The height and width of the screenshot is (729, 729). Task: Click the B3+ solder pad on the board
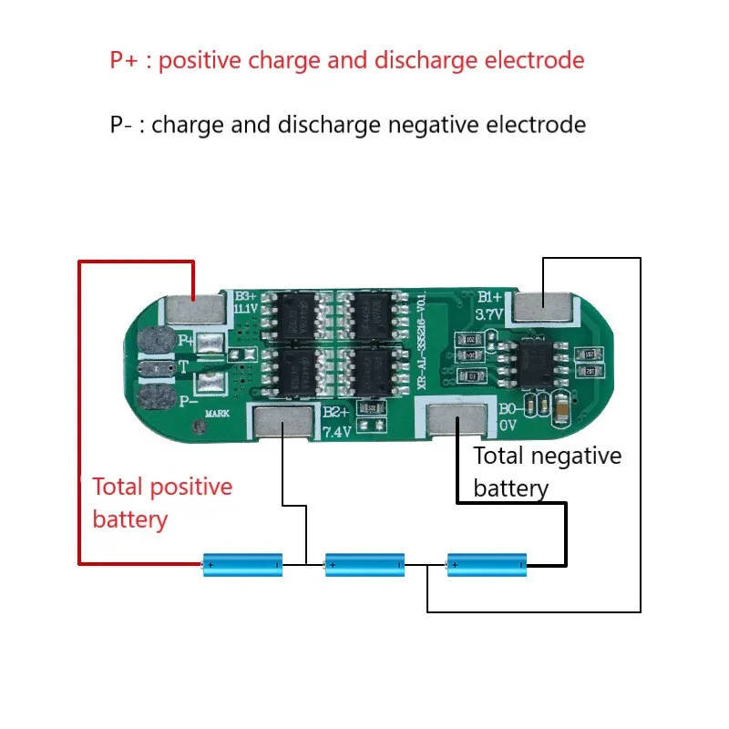[x=194, y=311]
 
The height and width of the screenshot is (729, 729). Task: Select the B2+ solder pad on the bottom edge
[x=282, y=421]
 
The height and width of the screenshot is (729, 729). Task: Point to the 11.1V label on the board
[x=246, y=311]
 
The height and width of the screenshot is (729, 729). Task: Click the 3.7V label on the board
[x=488, y=314]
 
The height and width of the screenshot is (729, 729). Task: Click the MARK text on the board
[x=217, y=413]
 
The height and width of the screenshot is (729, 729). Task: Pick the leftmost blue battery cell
[x=242, y=565]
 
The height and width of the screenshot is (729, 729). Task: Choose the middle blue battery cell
[x=364, y=565]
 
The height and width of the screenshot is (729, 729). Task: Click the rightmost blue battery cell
[x=486, y=565]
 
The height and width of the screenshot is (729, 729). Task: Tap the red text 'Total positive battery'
[x=162, y=503]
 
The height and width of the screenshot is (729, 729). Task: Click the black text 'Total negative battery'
[x=547, y=472]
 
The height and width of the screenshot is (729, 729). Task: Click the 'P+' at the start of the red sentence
[x=126, y=61]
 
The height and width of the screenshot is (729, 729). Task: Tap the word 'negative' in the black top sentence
[x=434, y=124]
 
